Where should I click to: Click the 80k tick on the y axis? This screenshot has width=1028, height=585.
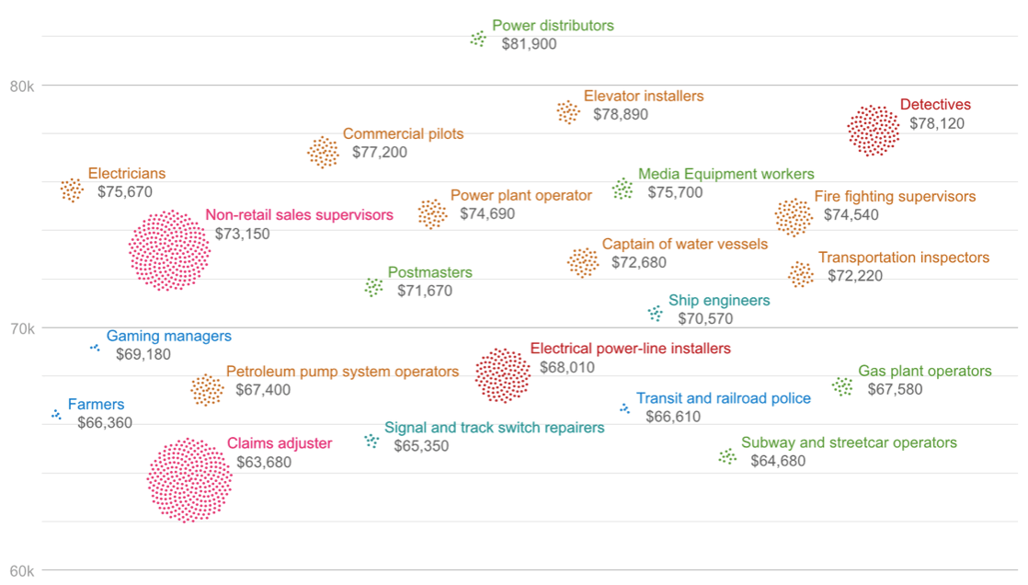(21, 86)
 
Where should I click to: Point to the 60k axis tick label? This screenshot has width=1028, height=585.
(21, 571)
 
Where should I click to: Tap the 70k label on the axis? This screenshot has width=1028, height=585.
(21, 328)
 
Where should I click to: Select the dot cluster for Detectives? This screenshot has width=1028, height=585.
(873, 131)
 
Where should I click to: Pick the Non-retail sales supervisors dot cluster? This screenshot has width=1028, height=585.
(169, 250)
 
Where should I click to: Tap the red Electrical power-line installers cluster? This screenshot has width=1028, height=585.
(502, 375)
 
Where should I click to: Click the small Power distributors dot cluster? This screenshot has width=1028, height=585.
(478, 39)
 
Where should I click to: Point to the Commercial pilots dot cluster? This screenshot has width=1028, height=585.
(323, 153)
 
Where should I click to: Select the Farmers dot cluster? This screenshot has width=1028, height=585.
(56, 415)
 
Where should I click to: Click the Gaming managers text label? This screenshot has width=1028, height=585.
(168, 337)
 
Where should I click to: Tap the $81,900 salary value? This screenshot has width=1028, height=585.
(529, 44)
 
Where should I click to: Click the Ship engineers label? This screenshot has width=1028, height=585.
(719, 301)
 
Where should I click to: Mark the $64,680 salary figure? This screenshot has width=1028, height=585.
(778, 461)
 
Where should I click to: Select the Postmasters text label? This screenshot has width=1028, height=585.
(429, 273)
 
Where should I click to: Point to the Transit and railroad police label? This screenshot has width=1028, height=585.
(724, 399)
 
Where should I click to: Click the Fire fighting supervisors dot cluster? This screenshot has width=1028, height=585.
(793, 217)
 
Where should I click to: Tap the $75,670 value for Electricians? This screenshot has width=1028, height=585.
(125, 192)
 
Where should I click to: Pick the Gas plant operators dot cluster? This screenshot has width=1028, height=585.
(842, 386)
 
